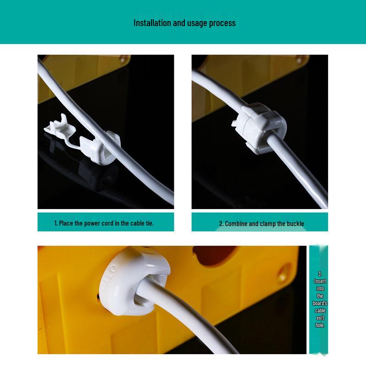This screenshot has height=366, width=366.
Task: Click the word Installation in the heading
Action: point(152,23)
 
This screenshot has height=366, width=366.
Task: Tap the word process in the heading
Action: point(222,23)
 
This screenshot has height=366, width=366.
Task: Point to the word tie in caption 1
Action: point(150,223)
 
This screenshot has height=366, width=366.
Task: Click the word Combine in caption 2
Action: point(236,224)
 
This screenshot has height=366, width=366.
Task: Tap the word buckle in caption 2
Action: point(295,224)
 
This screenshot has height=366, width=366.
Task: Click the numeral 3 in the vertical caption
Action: point(320,274)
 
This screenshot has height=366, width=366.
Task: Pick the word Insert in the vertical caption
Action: point(320,281)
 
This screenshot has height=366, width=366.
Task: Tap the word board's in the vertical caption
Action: point(320,303)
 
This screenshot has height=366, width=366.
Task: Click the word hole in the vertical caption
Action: point(320,325)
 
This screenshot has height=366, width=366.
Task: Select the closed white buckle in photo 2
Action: point(259,129)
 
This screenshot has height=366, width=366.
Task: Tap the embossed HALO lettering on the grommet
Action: point(109,278)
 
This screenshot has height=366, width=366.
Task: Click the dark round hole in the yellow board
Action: point(214,255)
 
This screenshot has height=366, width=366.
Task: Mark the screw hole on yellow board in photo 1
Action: point(123,59)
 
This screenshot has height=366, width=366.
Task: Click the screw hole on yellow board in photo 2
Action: point(299,59)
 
